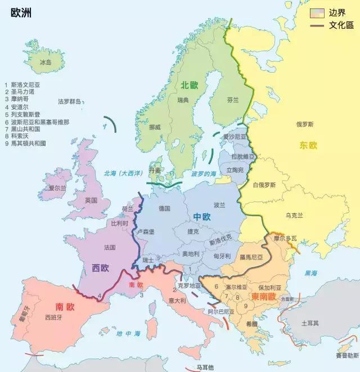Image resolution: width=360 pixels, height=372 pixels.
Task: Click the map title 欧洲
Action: [21, 12]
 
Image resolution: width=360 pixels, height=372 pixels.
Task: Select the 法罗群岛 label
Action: [70, 102]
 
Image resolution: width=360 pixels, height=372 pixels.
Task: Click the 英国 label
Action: [91, 200]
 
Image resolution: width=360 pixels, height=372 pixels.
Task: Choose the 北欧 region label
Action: [190, 85]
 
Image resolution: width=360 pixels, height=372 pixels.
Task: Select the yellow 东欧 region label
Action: [308, 145]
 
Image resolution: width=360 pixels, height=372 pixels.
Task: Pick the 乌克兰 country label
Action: [294, 215]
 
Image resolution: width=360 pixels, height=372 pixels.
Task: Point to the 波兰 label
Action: [219, 205]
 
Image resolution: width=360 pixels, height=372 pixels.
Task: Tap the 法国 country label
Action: [110, 247]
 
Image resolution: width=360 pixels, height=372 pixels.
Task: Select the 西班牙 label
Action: [54, 317]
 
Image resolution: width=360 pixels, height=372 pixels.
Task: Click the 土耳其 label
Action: [310, 324]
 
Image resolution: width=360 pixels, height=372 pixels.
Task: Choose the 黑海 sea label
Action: [310, 273]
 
